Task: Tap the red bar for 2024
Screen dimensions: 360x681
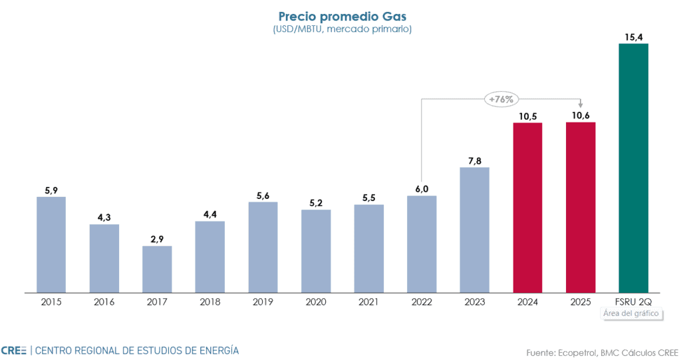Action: point(527,207)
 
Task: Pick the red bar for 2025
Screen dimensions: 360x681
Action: point(580,207)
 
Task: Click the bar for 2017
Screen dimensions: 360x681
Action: point(157,269)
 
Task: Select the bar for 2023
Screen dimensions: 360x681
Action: point(474,230)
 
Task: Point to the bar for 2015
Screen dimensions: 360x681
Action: point(51,244)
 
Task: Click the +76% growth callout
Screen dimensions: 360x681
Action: point(501,99)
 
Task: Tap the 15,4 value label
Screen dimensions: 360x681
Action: point(633,36)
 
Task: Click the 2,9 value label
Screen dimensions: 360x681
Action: point(157,238)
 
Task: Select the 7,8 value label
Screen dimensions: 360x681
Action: point(474,160)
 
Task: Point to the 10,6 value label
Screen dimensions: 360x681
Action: point(580,115)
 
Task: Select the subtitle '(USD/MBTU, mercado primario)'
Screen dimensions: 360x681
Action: point(340,29)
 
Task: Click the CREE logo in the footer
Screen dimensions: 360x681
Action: point(13,350)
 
